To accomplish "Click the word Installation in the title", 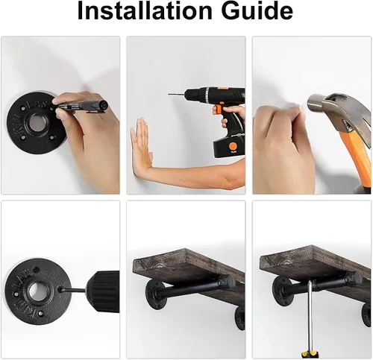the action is pyautogui.click(x=145, y=11).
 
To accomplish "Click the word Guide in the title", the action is pyautogui.click(x=257, y=11).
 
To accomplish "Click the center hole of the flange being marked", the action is pyautogui.click(x=37, y=122).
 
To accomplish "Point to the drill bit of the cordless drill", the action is pyautogui.click(x=177, y=95).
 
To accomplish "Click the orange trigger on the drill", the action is pyautogui.click(x=217, y=110).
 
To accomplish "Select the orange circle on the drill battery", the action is pyautogui.click(x=233, y=146).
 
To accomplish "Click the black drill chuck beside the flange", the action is pyautogui.click(x=104, y=291).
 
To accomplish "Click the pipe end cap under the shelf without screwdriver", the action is pyautogui.click(x=225, y=282).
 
